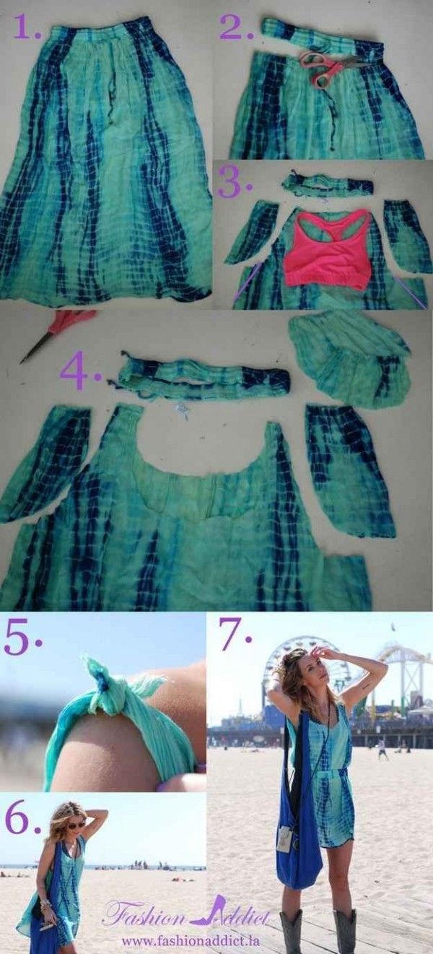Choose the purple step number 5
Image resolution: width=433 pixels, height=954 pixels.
pyautogui.click(x=21, y=637)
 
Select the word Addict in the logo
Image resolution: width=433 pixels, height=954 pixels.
pyautogui.click(x=238, y=916)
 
